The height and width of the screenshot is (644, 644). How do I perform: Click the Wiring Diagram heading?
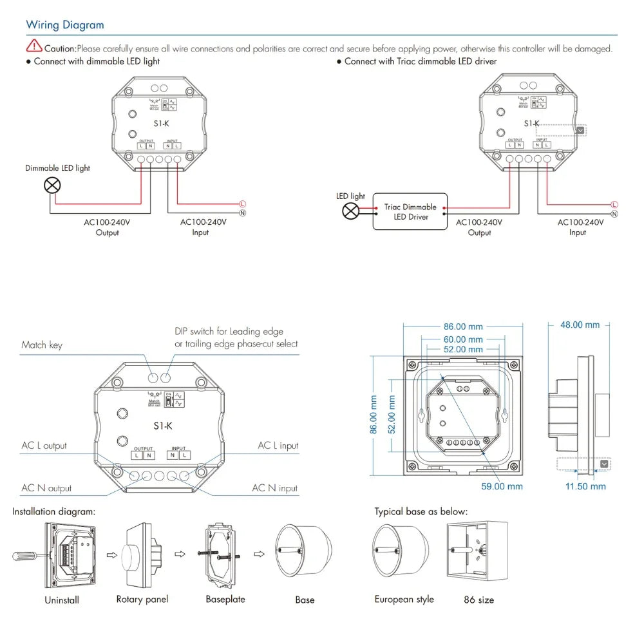[x=64, y=25]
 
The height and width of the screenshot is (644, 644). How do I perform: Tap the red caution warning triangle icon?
[x=33, y=46]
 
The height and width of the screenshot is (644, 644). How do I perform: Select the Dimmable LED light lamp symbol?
[x=52, y=186]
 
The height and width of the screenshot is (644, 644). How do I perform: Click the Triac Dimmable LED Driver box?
[x=410, y=212]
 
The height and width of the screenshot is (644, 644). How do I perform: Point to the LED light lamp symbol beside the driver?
[x=350, y=211]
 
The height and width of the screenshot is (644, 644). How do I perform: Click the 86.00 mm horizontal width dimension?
[x=463, y=327]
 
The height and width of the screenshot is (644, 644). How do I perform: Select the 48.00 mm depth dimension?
[x=580, y=325]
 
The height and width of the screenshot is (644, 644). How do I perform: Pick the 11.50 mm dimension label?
[x=585, y=486]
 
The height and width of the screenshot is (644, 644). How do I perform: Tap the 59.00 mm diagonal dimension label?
[x=502, y=486]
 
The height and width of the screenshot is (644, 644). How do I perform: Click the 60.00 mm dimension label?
[x=463, y=339]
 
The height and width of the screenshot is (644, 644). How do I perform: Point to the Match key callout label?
[x=42, y=345]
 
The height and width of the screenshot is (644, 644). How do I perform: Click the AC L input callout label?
[x=278, y=446]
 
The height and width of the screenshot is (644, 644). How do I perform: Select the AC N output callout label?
[x=46, y=488]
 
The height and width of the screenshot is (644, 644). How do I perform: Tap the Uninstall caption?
[x=62, y=600]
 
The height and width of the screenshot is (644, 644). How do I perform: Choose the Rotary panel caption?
[x=142, y=600]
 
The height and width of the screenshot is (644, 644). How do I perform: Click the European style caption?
[x=404, y=600]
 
